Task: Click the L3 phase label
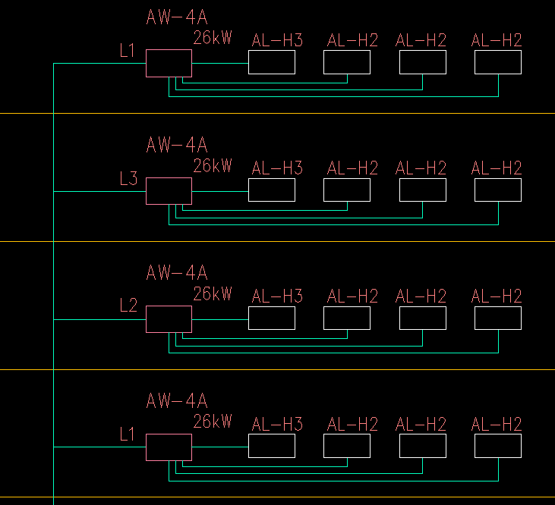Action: point(128,180)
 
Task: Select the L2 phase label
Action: point(128,307)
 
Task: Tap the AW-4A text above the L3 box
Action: point(177,144)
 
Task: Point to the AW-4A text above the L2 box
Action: point(177,272)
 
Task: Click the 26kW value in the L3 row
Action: point(213,165)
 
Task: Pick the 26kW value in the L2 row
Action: point(213,293)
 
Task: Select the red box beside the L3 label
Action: point(169,191)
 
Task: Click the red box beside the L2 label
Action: point(169,318)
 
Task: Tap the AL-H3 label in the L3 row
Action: point(277,168)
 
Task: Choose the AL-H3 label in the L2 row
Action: point(277,296)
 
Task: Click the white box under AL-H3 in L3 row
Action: point(272,190)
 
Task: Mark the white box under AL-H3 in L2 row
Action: point(272,318)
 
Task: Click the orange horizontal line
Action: point(304,241)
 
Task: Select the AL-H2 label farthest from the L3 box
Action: point(497,168)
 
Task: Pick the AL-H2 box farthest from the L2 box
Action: point(498,318)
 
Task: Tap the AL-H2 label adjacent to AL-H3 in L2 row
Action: point(352,296)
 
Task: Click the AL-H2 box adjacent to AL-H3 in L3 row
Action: point(347,190)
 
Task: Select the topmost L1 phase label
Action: point(128,52)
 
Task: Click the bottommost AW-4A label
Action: point(177,400)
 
